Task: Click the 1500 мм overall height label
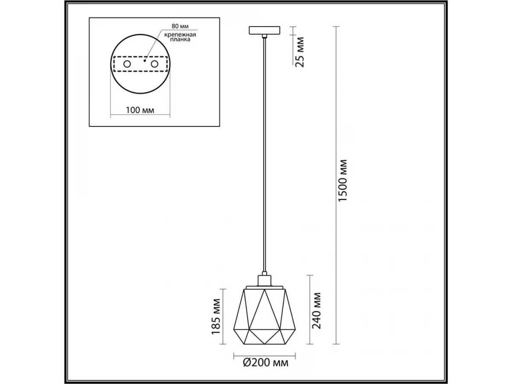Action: [x=343, y=180]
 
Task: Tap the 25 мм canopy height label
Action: [x=300, y=52]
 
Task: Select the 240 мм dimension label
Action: [x=317, y=311]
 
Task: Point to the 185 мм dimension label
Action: [x=216, y=317]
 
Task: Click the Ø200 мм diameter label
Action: [x=265, y=363]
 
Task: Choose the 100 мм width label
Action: [x=140, y=110]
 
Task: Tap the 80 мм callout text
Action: [x=180, y=26]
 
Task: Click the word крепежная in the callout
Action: [x=180, y=35]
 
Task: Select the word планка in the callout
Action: [x=180, y=40]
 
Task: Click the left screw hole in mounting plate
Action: [x=127, y=64]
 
